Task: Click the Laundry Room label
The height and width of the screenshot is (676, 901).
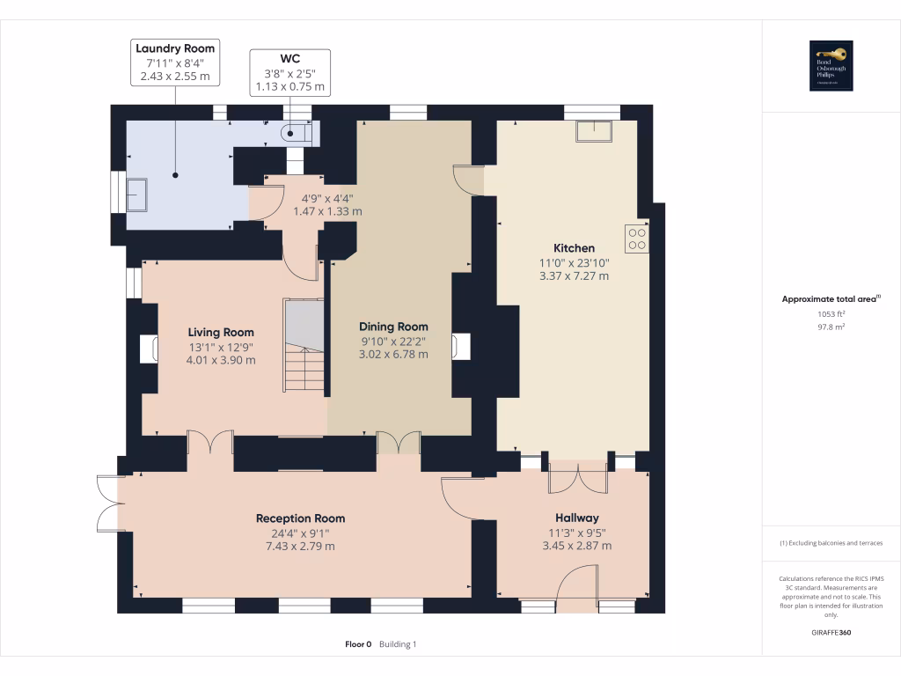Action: point(175,48)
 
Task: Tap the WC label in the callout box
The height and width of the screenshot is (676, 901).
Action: point(290,59)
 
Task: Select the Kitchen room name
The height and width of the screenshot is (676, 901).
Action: point(574,248)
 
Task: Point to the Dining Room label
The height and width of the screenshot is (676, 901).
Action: point(393,327)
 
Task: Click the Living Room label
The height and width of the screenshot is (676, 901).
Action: point(221,332)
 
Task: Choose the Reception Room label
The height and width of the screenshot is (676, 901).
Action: point(300,518)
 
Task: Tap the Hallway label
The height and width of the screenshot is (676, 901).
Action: point(576,518)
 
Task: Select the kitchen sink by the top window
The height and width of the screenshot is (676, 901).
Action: point(594,131)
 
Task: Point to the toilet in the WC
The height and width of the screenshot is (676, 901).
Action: point(294,134)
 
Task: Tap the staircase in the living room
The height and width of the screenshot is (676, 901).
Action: point(304,346)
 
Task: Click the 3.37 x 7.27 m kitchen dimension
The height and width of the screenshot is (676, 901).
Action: point(574,276)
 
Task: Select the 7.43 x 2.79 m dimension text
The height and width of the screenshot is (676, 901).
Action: point(300,547)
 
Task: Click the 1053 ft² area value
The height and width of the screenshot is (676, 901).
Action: point(831,313)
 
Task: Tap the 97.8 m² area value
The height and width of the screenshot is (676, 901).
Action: point(831,327)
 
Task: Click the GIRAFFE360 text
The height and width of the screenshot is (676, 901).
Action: point(831,633)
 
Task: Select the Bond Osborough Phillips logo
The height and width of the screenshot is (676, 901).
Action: point(831,66)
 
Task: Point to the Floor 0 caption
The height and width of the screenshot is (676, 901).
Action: point(358,644)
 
